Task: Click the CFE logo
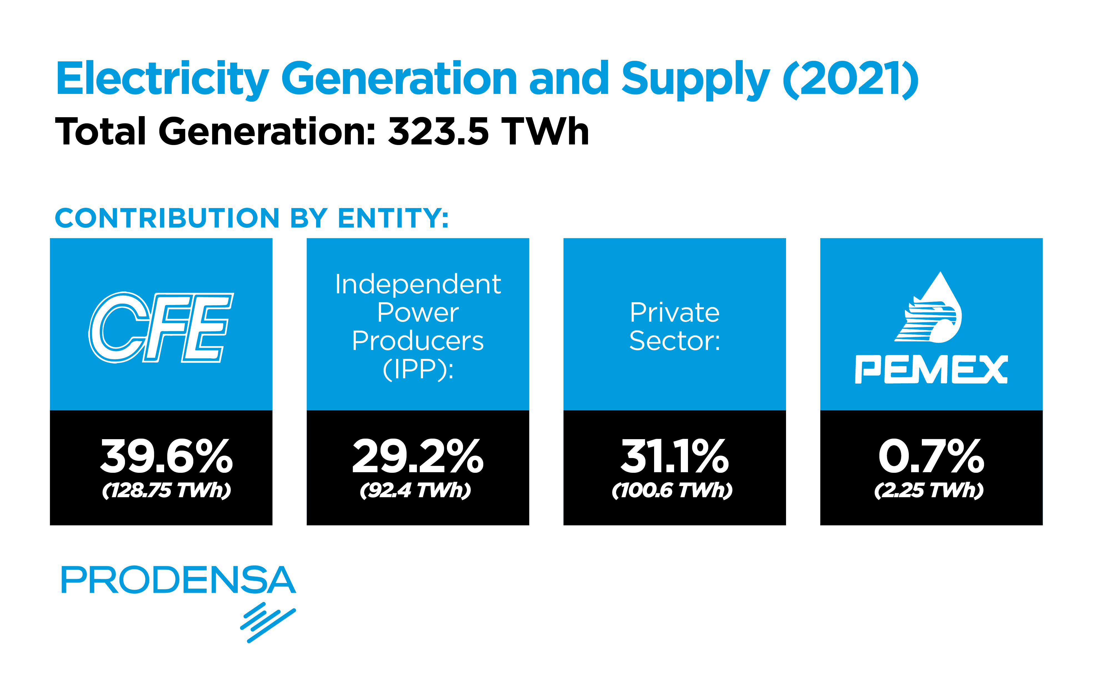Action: tap(161, 328)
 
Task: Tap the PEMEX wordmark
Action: tap(932, 369)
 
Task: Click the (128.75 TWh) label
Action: tap(166, 490)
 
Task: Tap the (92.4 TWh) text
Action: tap(415, 490)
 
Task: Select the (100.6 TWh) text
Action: tap(672, 490)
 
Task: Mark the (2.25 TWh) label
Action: tap(929, 490)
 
